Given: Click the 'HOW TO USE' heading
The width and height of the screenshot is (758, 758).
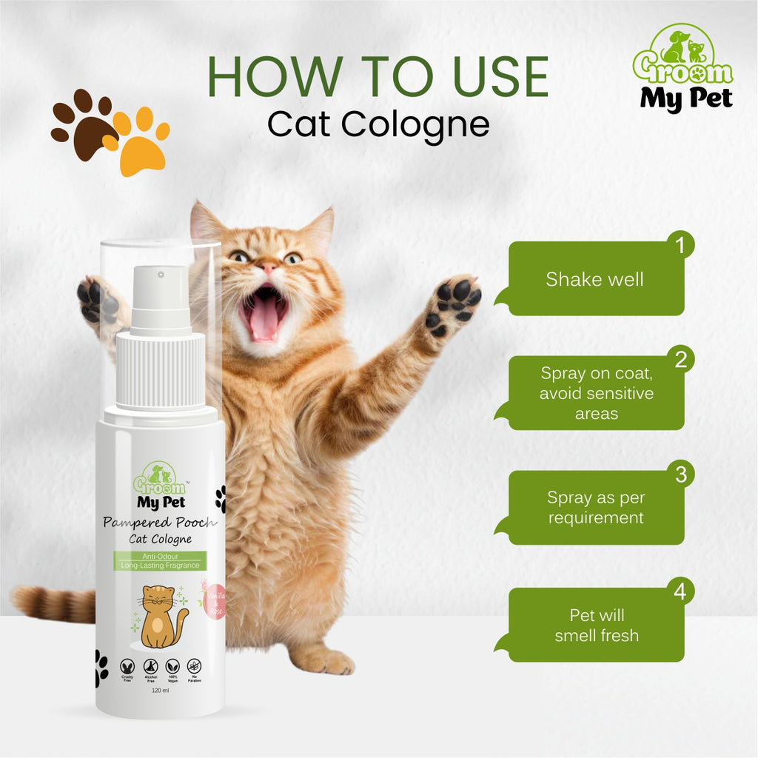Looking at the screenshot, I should (378, 76).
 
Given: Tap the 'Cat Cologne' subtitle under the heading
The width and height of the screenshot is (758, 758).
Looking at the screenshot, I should (378, 124).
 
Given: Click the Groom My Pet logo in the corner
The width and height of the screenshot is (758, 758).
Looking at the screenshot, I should (682, 68).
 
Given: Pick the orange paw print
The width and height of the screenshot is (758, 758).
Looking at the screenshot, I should (139, 142).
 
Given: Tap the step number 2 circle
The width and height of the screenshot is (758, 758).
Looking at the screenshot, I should (680, 360).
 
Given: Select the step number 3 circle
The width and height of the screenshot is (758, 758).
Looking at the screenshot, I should (680, 474).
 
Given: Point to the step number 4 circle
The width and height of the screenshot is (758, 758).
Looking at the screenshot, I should (680, 591).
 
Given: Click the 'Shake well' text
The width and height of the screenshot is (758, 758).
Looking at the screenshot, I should (594, 279).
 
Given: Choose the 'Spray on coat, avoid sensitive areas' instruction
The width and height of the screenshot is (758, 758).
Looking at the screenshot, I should (597, 393).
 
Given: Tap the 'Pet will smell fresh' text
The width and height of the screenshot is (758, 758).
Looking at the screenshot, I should (597, 625).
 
